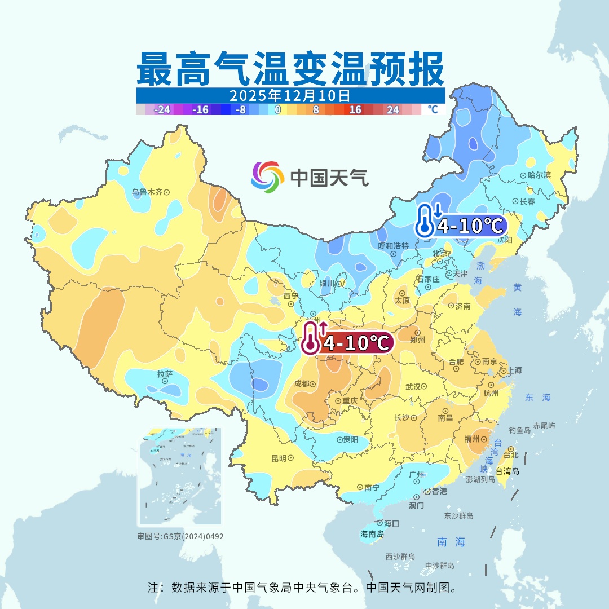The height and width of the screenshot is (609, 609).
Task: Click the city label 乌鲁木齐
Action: point(147,192)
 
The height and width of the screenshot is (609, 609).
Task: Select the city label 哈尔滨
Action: point(539,175)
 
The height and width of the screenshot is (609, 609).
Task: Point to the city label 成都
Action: point(302,383)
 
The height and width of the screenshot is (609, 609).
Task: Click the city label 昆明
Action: point(279,458)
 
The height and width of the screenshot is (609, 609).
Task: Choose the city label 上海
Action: point(515,370)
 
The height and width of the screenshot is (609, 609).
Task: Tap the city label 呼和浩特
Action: point(393,246)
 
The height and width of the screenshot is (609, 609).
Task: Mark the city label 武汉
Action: point(413,387)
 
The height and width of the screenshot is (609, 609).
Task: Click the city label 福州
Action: point(472,438)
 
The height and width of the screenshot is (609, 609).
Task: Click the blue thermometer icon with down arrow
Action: point(426,220)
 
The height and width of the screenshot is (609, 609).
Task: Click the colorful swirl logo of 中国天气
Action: point(267,177)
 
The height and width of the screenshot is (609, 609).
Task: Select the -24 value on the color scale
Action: point(163,110)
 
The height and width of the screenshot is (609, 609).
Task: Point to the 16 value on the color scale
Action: point(355,110)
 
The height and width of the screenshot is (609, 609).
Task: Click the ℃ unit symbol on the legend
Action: point(433,109)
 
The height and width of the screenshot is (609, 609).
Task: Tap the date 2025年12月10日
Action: point(290,95)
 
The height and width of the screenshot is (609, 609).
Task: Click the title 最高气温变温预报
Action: point(290,68)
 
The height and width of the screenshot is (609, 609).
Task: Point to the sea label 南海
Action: point(452,542)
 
